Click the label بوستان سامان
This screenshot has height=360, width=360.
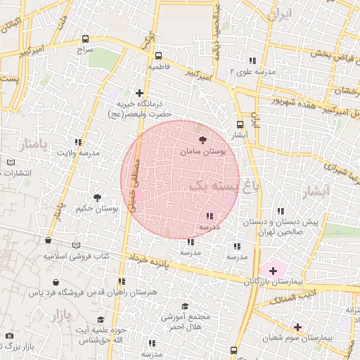204,151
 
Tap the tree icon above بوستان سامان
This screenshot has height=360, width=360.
203,139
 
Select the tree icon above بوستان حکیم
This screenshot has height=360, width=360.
97,198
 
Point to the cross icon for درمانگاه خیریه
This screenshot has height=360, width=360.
140,92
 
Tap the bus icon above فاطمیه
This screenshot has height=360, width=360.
157,56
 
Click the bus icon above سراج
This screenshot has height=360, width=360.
86,39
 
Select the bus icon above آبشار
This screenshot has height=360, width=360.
240,124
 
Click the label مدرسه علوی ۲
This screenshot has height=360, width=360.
262,71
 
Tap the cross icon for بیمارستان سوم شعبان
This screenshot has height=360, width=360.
298,327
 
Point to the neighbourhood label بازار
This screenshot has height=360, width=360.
61,316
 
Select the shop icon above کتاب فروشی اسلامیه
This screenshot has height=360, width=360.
48,240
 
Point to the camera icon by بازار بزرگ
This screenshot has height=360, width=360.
9,336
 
